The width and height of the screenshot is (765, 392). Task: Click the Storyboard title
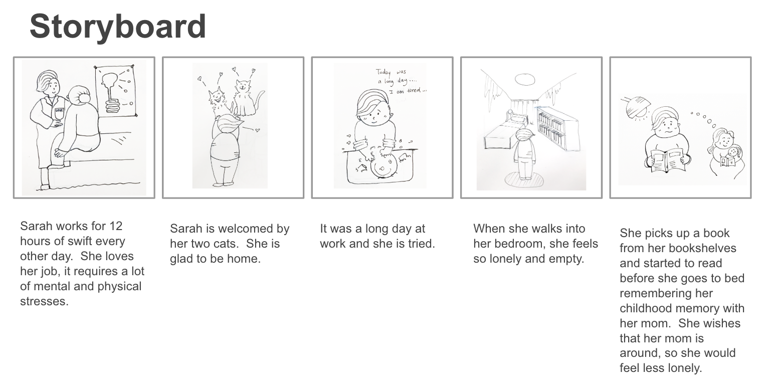pyautogui.click(x=118, y=27)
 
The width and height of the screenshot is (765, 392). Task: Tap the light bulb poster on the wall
pyautogui.click(x=117, y=90)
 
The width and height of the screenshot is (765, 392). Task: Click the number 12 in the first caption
pyautogui.click(x=116, y=226)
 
